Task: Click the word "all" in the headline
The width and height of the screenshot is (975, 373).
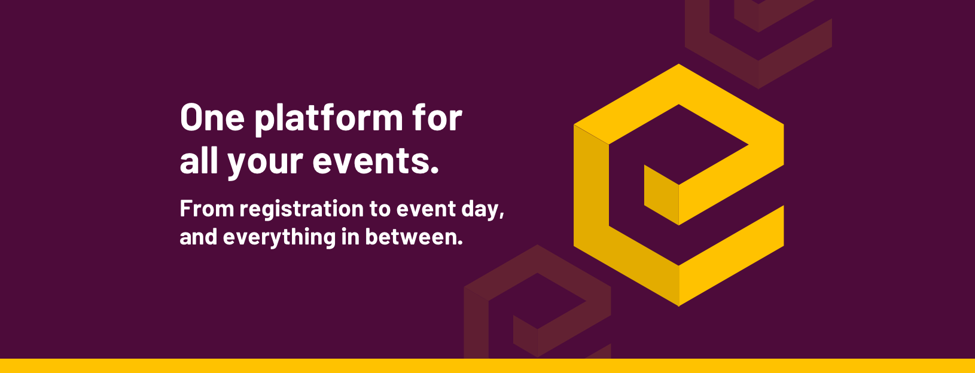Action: [199, 161]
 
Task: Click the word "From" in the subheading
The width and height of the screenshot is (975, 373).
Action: [206, 209]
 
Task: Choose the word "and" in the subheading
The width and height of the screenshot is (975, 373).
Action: [198, 237]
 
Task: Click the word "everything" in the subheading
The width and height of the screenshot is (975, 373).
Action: [279, 238]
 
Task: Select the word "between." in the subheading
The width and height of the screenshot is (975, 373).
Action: [414, 237]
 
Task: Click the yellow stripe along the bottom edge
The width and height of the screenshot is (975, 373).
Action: [487, 366]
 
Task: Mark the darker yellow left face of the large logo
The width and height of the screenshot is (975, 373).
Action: [591, 191]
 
